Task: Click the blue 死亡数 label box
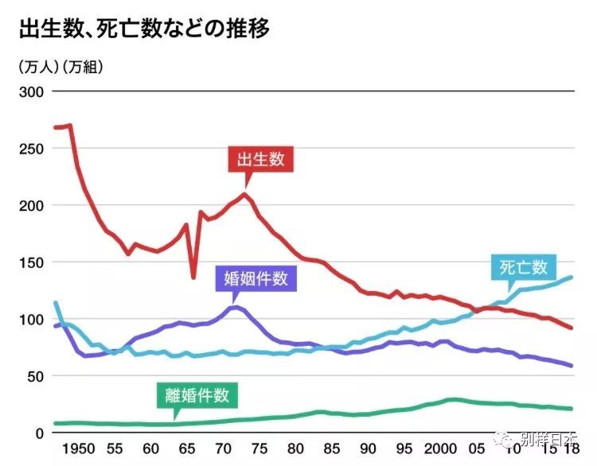coord(524,267)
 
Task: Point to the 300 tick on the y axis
coord(30,92)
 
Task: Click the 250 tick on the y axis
coord(30,149)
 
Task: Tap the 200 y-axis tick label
coord(30,206)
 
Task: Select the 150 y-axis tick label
coord(30,262)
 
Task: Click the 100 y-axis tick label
coord(30,320)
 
